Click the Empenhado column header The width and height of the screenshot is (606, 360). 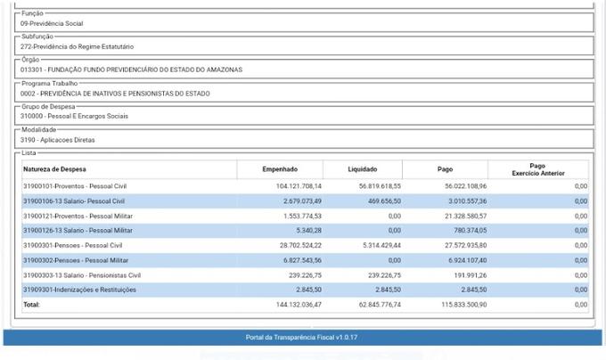pyautogui.click(x=280, y=168)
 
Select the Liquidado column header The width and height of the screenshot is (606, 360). pyautogui.click(x=362, y=168)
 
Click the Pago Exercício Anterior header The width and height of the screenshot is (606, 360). pyautogui.click(x=537, y=169)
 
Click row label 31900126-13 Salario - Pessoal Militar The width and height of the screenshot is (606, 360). pyautogui.click(x=78, y=230)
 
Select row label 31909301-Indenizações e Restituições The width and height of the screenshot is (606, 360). pyautogui.click(x=79, y=290)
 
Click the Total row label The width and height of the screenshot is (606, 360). pyautogui.click(x=32, y=305)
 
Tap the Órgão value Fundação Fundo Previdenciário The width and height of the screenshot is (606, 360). pyautogui.click(x=131, y=70)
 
